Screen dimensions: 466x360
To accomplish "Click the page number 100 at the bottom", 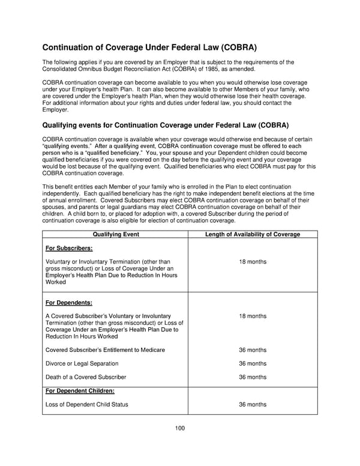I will [180, 428].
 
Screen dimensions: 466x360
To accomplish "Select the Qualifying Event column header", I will [115, 234].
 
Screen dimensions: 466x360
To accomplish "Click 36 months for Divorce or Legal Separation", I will [253, 363].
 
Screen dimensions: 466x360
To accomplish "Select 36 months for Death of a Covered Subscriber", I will [253, 377].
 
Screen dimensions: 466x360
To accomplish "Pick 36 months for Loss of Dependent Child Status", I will [253, 405].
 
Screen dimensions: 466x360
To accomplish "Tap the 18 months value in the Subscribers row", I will [253, 262].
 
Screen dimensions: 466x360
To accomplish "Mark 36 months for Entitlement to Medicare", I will [253, 349].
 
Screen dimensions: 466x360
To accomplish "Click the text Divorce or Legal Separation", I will [82, 363].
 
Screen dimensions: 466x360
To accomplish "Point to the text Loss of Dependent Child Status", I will [87, 405].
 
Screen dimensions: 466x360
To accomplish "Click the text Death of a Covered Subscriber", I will [86, 377].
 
